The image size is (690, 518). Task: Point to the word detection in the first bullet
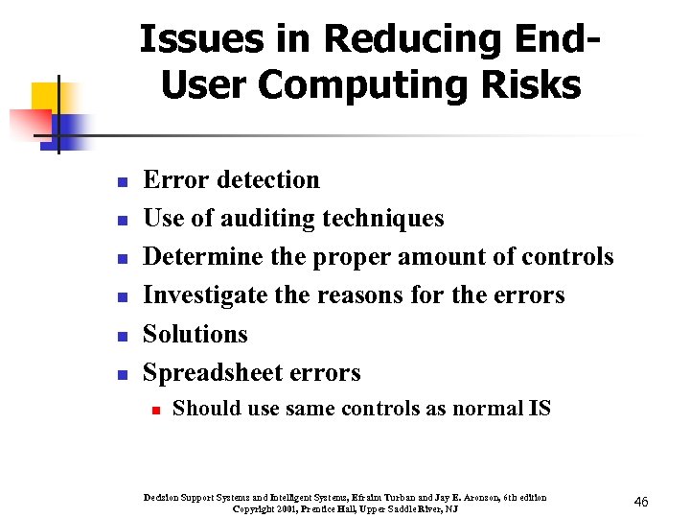point(269,179)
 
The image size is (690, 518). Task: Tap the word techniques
point(389,219)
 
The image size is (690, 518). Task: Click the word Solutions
point(195,334)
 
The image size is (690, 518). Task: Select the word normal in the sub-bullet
point(487,409)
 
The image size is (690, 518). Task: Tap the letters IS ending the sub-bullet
point(540,409)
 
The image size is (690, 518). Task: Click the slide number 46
point(641,502)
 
